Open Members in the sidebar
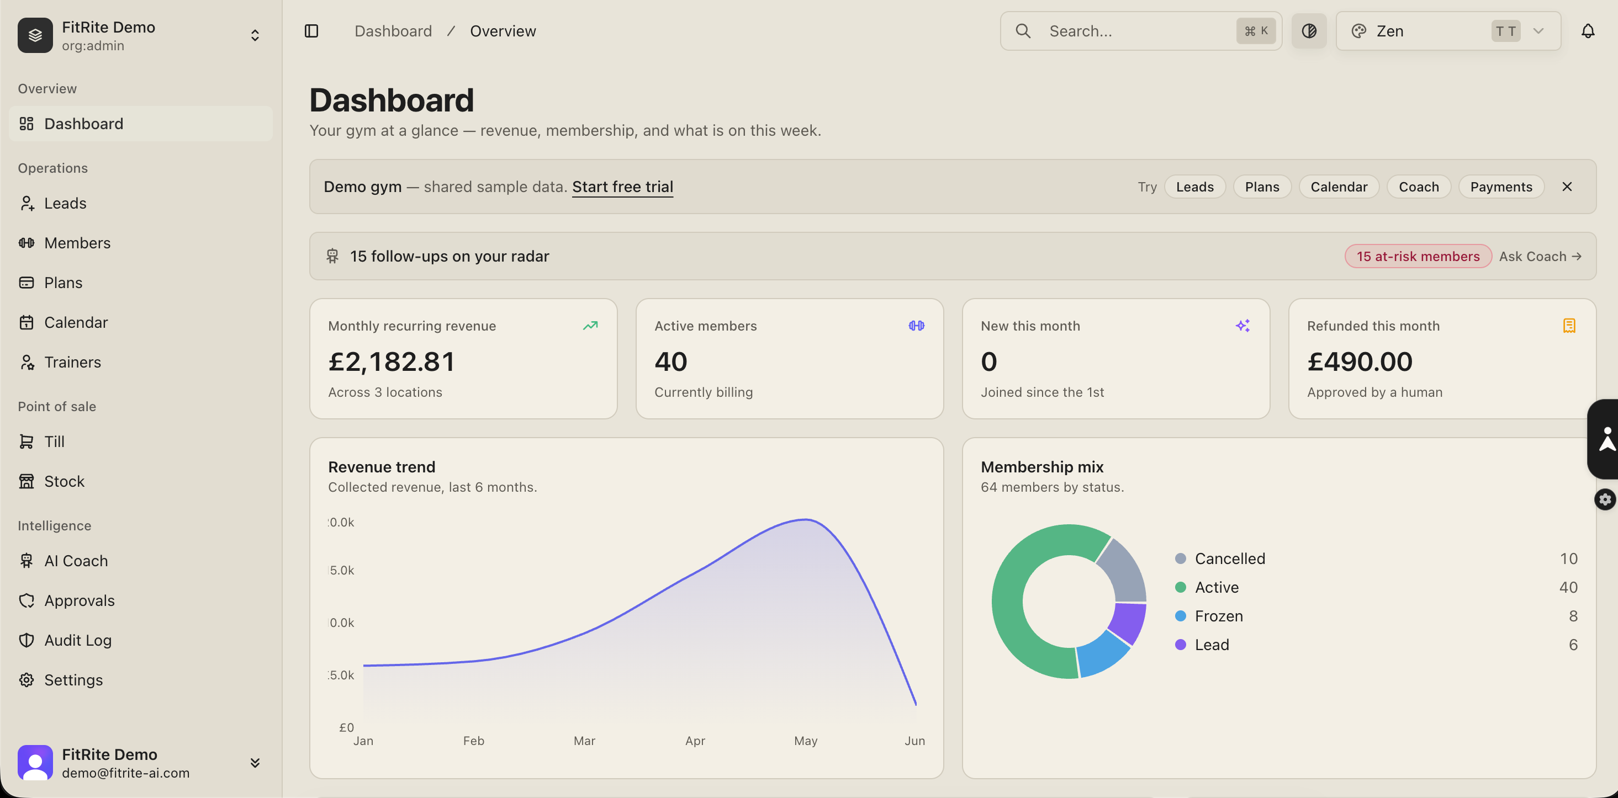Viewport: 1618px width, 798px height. [65, 243]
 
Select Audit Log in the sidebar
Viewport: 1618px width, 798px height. [65, 640]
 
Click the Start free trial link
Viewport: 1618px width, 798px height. [622, 187]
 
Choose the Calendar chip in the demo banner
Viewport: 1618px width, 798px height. [1339, 187]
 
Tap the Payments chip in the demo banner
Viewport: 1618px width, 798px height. [1501, 187]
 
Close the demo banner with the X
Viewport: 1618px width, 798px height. [1567, 187]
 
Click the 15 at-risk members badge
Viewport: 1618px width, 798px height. [1418, 256]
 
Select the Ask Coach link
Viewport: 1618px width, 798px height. [1540, 256]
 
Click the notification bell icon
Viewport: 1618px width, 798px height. [1588, 31]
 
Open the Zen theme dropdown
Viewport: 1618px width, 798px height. [1448, 31]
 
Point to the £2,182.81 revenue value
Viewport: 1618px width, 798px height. [392, 361]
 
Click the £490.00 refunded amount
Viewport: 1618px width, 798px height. [1360, 361]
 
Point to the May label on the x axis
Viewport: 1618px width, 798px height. [805, 741]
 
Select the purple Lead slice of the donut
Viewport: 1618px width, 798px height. [1128, 623]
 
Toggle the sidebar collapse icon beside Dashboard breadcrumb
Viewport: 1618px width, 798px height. [311, 31]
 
